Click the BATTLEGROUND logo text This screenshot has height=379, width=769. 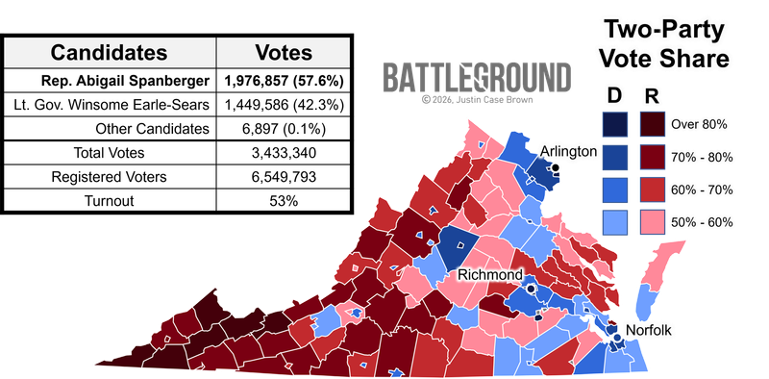tap(476, 77)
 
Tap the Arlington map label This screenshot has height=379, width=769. tap(568, 152)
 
